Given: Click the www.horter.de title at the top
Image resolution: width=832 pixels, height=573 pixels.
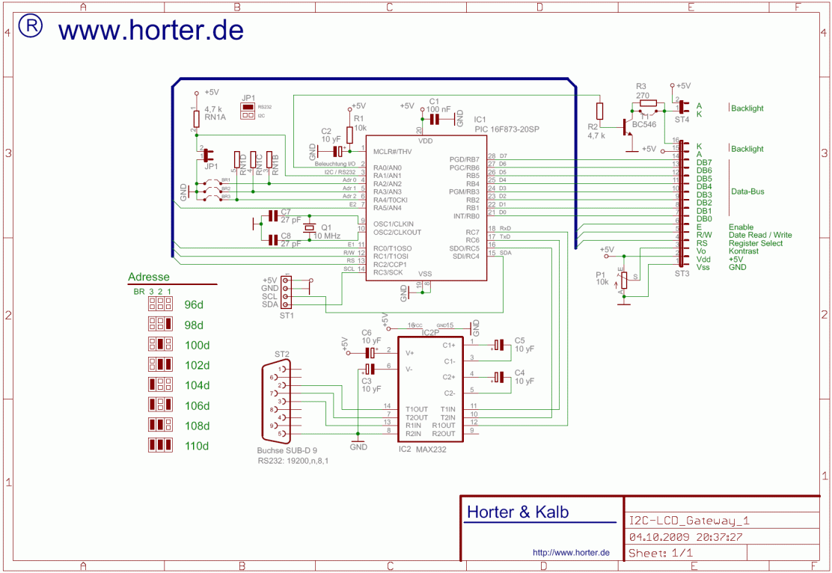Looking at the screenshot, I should (150, 30).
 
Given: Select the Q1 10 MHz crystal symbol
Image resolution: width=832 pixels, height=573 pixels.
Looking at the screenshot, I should (307, 228).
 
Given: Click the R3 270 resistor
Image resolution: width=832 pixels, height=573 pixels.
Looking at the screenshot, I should (648, 103).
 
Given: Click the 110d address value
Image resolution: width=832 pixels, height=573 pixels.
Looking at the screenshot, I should (197, 446).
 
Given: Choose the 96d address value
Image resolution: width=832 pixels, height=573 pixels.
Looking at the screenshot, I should (194, 305).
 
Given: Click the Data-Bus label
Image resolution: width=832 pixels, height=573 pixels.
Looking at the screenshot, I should (747, 191).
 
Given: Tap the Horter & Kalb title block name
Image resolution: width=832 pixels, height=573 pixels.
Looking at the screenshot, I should (517, 512).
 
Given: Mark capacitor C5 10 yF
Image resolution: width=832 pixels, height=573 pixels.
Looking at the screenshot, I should (499, 345).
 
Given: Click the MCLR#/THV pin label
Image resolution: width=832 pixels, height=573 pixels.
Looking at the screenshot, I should (393, 152).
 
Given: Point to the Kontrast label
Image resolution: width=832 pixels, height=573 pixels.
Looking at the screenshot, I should (744, 251).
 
